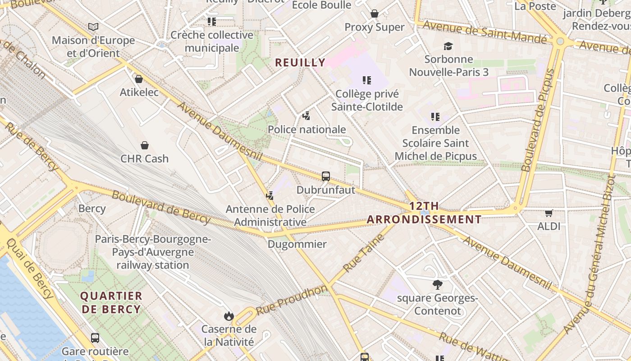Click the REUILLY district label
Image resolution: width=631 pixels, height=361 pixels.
300,63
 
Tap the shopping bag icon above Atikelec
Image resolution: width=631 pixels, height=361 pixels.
139,79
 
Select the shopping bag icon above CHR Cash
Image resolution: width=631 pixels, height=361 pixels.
145,145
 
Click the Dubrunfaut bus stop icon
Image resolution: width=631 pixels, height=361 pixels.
326,176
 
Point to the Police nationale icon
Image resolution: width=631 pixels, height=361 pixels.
306,116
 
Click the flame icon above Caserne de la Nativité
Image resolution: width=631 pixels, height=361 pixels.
229,316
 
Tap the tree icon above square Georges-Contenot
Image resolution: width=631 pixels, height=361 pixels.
437,285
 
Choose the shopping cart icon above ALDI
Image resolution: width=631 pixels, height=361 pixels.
549,213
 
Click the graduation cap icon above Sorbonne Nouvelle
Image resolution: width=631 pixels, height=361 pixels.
448,46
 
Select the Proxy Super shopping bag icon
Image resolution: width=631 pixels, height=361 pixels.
375,14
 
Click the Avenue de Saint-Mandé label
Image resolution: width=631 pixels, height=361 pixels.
485,32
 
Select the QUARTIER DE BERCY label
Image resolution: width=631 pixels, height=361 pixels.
111,303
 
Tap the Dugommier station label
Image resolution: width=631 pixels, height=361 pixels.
297,244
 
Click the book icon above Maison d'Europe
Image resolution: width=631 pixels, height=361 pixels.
93,27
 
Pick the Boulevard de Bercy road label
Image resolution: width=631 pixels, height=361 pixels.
161,207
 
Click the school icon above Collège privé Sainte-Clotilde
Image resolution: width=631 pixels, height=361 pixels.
367,80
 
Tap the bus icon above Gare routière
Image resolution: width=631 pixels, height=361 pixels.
95,338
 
